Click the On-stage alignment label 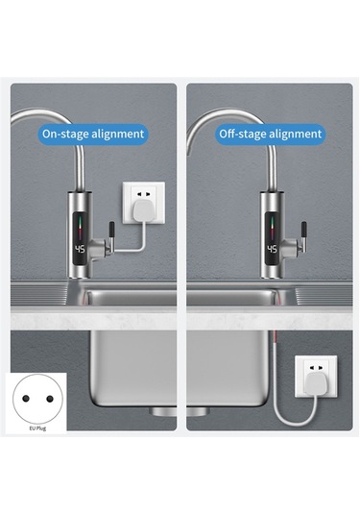click(93, 135)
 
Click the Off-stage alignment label click(271, 135)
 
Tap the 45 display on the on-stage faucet click(80, 249)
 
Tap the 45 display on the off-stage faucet click(273, 249)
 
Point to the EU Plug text click(37, 428)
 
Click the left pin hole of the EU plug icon click(26, 399)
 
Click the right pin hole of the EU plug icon click(50, 399)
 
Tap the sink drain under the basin click(180, 411)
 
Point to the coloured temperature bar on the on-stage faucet click(80, 229)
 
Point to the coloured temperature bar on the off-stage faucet click(272, 229)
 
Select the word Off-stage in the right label click(241, 135)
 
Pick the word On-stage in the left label click(65, 135)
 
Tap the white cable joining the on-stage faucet click(131, 243)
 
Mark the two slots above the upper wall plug click(144, 194)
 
